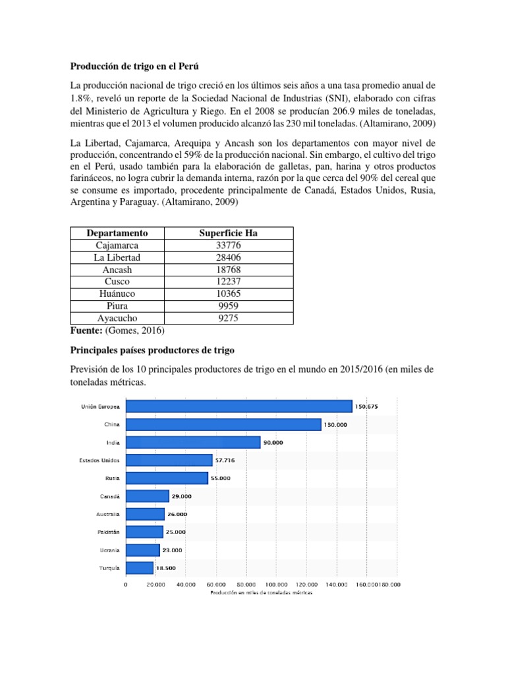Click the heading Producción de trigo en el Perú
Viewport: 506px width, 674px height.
point(134,66)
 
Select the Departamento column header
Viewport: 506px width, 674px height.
point(117,233)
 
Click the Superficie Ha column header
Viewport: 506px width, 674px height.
point(228,233)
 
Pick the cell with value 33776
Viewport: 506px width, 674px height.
point(228,245)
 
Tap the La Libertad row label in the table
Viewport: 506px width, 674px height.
point(117,257)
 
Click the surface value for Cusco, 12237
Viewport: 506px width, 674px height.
point(228,282)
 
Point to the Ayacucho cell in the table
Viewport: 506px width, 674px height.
point(117,318)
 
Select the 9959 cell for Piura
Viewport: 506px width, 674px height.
point(228,306)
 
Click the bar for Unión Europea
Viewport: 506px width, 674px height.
point(239,407)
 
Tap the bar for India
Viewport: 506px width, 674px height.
point(192,442)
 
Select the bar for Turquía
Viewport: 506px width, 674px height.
point(139,567)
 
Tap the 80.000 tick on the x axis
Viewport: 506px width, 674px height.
point(246,583)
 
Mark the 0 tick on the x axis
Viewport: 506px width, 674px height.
point(125,583)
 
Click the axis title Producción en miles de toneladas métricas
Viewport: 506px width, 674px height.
point(262,592)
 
